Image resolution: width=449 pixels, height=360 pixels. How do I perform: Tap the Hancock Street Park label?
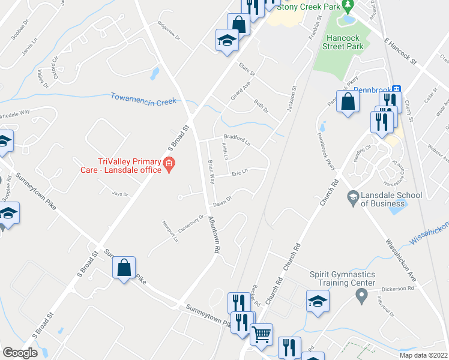[345, 41]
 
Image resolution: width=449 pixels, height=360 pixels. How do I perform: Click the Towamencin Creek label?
[143, 99]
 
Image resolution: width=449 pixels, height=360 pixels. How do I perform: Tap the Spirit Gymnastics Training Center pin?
[361, 295]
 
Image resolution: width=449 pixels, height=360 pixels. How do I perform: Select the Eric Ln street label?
[240, 173]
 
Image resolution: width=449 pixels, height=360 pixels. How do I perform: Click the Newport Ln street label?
[172, 231]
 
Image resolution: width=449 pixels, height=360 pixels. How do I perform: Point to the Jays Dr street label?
[121, 194]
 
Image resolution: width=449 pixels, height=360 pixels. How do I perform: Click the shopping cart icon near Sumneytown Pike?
[261, 334]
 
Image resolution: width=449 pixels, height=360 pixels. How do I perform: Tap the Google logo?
[20, 353]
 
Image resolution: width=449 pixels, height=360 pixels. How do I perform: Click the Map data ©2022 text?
[423, 355]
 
